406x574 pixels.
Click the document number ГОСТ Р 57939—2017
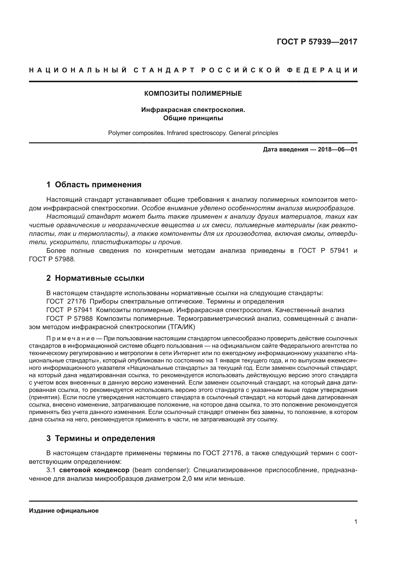pyautogui.click(x=317, y=42)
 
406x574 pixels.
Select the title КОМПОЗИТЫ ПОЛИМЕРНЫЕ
pyautogui.click(x=193, y=94)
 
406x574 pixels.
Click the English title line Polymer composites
pyautogui.click(x=193, y=133)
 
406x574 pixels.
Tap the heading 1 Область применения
pyautogui.click(x=94, y=185)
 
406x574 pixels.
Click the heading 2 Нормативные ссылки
pyautogui.click(x=95, y=278)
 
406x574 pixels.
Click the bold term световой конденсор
pyautogui.click(x=94, y=470)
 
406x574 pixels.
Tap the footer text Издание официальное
pyautogui.click(x=64, y=511)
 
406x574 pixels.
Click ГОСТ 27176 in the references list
pyautogui.click(x=66, y=302)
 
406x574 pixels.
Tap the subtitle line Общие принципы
pyautogui.click(x=193, y=118)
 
